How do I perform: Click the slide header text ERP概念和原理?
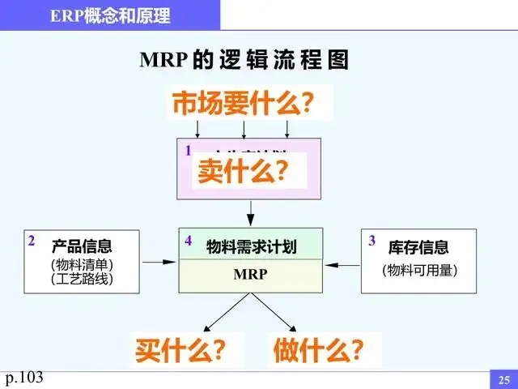point(109,15)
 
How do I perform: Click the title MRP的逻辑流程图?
point(244,61)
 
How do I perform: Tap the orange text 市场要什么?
point(242,105)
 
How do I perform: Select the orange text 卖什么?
point(243,171)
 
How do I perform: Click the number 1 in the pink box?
point(188,150)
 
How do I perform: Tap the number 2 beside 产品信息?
point(32,240)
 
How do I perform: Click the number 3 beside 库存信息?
point(372,240)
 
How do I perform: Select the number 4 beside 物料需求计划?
point(188,241)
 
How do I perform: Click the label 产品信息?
point(82,246)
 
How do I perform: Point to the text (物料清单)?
point(82,264)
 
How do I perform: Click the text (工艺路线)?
point(82,279)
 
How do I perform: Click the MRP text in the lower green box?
point(250,275)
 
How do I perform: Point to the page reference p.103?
point(24,377)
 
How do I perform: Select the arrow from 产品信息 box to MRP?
point(159,261)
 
